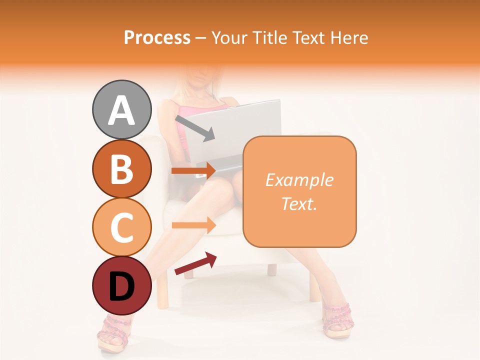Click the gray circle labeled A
(121, 109)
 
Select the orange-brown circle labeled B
(121, 168)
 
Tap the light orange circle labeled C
(121, 227)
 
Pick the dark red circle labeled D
(121, 285)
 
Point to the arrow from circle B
(194, 171)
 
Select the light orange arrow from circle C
(194, 225)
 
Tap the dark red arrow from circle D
(195, 263)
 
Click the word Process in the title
(157, 37)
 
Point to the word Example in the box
(299, 180)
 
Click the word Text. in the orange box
(299, 203)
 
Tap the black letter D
(121, 286)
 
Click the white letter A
(121, 110)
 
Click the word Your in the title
(230, 37)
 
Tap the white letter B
(121, 169)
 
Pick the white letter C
(121, 227)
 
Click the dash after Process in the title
(201, 38)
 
